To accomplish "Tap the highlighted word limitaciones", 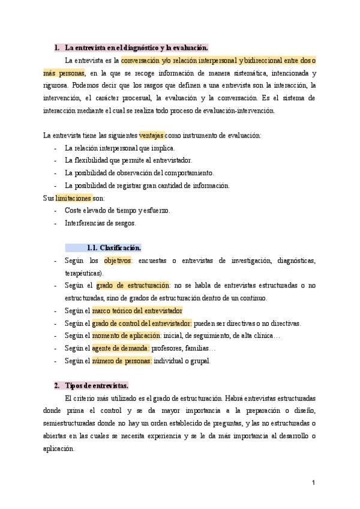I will [74, 197].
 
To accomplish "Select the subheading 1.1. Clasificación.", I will [114, 247].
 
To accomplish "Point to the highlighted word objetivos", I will [118, 261].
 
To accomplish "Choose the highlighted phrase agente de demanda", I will [121, 348].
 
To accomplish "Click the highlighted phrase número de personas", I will [122, 361].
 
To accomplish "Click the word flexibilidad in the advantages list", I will [94, 160].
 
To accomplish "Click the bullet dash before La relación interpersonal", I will [55, 148].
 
